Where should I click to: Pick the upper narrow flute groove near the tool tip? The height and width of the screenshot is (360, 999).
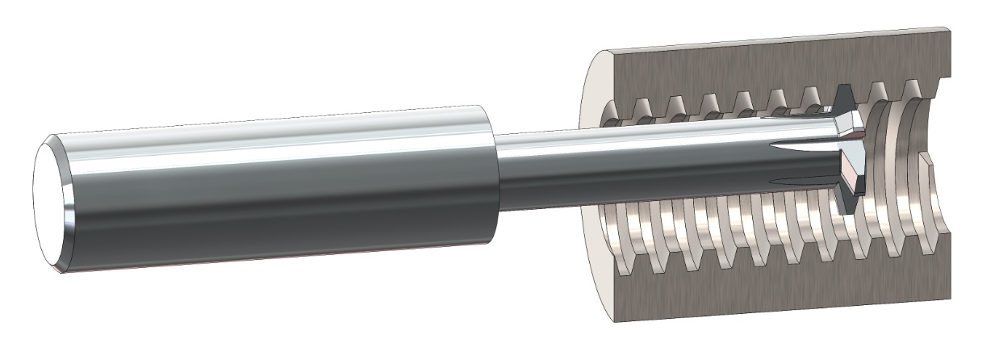[x=807, y=149]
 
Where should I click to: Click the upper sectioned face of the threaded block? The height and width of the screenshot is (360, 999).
[x=767, y=65]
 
